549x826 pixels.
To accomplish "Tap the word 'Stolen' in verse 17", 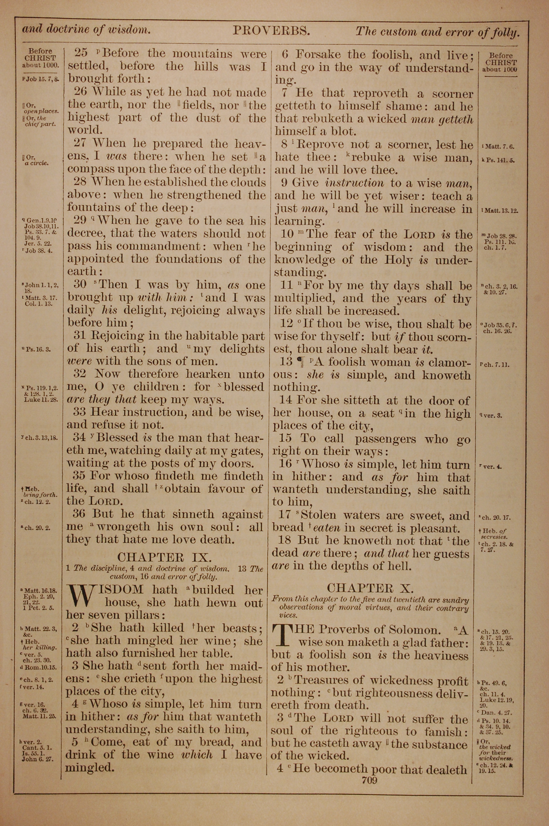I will coord(318,515).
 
